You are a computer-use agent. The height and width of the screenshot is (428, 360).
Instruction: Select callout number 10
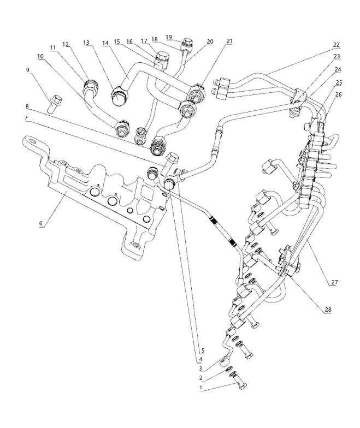point(40,56)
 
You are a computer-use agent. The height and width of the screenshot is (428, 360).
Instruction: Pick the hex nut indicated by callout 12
point(90,86)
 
